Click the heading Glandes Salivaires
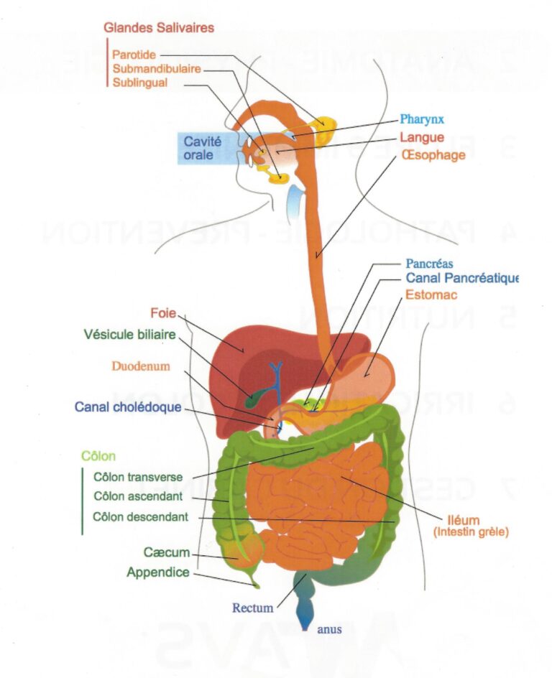click(158, 28)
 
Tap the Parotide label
click(134, 55)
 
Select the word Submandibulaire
click(157, 69)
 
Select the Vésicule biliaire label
click(129, 334)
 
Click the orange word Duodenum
click(141, 366)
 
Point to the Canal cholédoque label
click(128, 407)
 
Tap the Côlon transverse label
click(138, 476)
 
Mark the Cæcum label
click(166, 552)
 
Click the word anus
click(328, 630)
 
